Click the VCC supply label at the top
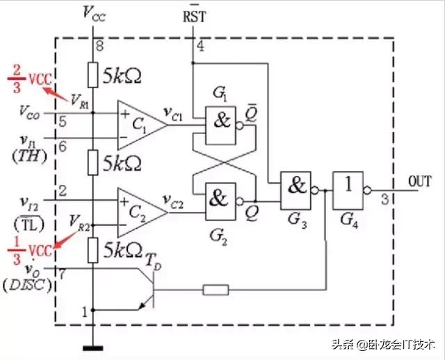point(95,13)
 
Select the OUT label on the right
point(419,181)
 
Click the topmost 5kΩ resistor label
point(126,74)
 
